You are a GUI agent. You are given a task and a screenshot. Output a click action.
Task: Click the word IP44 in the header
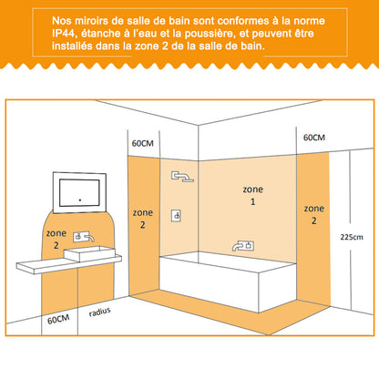pos(63,34)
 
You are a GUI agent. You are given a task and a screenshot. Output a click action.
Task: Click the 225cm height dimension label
pos(352,237)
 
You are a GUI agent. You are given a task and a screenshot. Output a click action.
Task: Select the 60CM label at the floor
pos(58,320)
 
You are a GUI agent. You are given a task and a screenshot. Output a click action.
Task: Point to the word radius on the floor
pos(99,312)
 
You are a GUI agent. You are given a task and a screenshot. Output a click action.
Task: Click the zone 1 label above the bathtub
pos(253,195)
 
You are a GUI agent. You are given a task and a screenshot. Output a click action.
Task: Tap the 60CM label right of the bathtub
pos(314,138)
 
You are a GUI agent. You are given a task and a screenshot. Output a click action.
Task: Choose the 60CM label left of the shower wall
pos(142,143)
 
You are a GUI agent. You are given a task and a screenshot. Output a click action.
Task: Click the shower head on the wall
pos(182,177)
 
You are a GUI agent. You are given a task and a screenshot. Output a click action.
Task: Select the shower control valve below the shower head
pos(176,216)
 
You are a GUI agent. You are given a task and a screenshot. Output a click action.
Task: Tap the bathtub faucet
pos(243,245)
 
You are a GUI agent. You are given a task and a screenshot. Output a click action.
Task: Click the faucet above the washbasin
pos(84,237)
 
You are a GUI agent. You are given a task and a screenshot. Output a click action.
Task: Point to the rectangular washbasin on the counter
pos(90,254)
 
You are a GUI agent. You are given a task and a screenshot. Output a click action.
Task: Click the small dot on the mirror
pos(80,200)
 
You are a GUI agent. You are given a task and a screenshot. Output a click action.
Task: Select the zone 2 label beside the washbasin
pos(56,239)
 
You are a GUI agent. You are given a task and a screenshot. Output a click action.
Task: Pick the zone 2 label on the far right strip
pos(314,214)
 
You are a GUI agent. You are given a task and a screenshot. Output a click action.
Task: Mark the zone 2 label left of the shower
pos(143,219)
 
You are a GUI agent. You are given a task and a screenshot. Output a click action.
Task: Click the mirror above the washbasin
pos(79,192)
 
